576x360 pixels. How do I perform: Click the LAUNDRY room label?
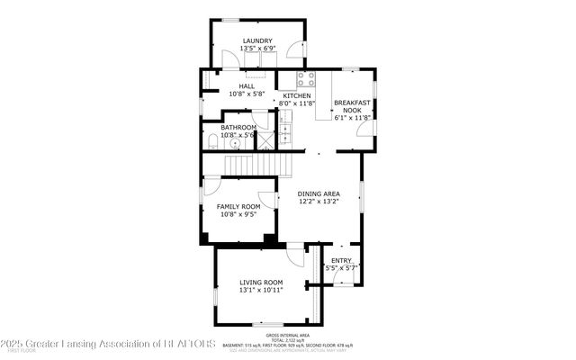(x=257, y=41)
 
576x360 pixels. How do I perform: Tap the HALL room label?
(x=234, y=86)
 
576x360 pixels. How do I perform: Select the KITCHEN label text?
(x=296, y=96)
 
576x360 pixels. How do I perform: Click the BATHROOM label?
(x=238, y=128)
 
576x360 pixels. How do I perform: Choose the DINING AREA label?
(x=319, y=193)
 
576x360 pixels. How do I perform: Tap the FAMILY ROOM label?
(x=238, y=206)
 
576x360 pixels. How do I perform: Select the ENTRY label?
(x=341, y=261)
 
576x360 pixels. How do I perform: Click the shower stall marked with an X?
(x=264, y=139)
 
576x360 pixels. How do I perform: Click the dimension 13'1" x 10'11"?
(x=261, y=291)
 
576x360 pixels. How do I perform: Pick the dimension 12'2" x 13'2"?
(x=319, y=202)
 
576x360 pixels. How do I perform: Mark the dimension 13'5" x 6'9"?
(x=257, y=49)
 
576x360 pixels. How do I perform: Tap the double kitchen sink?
(x=286, y=135)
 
